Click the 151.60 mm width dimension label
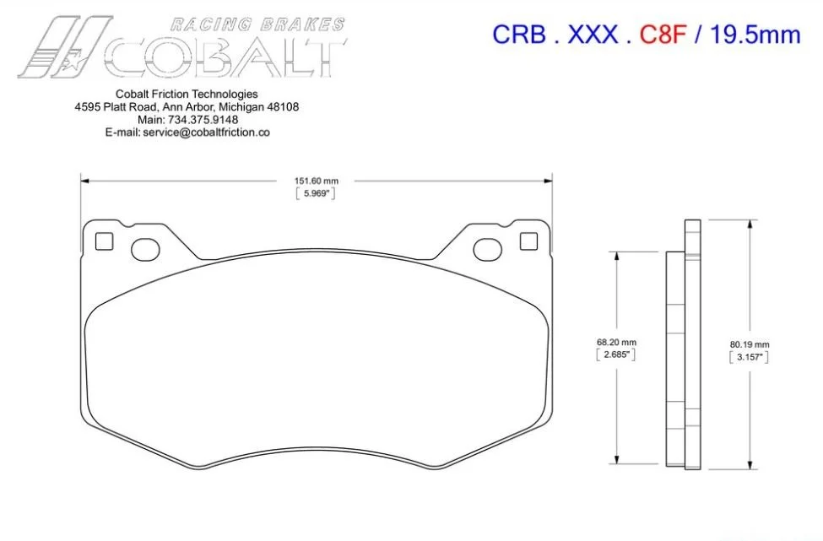tap(316, 181)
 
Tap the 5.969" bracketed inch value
tap(316, 193)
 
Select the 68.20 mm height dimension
tap(616, 342)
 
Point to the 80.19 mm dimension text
tap(750, 344)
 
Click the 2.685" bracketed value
tap(616, 354)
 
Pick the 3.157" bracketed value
tap(750, 357)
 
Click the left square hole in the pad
tap(104, 241)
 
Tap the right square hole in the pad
tap(528, 241)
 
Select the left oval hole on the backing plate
tap(145, 250)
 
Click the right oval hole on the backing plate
tap(488, 250)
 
